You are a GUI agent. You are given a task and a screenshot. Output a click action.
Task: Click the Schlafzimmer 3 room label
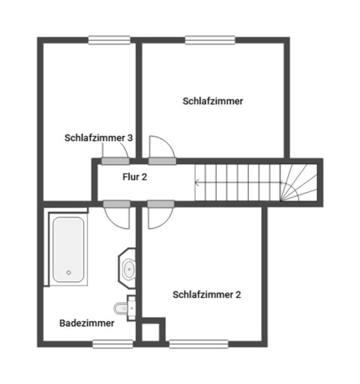pyautogui.click(x=98, y=138)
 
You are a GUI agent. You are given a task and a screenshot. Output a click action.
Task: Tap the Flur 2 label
pyautogui.click(x=135, y=177)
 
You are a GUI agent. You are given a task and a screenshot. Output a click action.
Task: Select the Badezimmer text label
pyautogui.click(x=87, y=323)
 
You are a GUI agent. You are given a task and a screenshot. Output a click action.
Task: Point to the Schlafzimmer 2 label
pyautogui.click(x=207, y=294)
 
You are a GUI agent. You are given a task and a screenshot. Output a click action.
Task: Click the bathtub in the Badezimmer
pyautogui.click(x=68, y=249)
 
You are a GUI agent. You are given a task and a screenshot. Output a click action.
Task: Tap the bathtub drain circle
pyautogui.click(x=69, y=273)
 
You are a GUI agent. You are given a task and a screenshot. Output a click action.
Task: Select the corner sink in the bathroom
pyautogui.click(x=127, y=268)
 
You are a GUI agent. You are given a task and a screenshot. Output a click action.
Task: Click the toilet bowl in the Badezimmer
pyautogui.click(x=121, y=309)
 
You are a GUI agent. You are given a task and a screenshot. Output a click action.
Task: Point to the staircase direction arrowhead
pyautogui.click(x=196, y=183)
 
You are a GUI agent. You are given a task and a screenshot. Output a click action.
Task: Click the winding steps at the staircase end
pyautogui.click(x=299, y=182)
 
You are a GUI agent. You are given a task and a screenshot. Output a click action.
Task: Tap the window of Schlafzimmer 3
pyautogui.click(x=109, y=40)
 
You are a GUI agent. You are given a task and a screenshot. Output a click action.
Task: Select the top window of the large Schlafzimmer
pyautogui.click(x=210, y=40)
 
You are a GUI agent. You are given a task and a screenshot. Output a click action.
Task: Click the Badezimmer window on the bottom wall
pyautogui.click(x=113, y=344)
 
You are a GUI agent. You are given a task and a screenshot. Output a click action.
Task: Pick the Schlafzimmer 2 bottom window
pyautogui.click(x=199, y=344)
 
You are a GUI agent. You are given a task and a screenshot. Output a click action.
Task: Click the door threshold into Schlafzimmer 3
pyautogui.click(x=116, y=161)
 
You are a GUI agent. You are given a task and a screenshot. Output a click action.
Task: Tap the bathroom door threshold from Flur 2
pyautogui.click(x=116, y=204)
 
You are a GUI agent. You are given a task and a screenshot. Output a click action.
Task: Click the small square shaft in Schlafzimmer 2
pyautogui.click(x=151, y=332)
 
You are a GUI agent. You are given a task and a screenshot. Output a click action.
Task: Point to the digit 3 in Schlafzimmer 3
pyautogui.click(x=130, y=138)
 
